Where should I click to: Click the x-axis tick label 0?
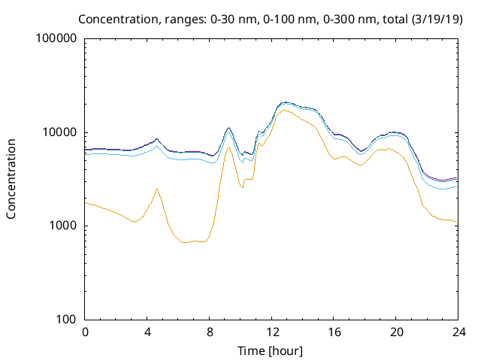tap(86, 332)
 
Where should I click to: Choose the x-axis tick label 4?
tap(147, 332)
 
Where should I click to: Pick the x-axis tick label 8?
tap(210, 332)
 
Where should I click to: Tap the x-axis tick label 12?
tap(271, 332)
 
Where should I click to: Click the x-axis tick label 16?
tap(334, 332)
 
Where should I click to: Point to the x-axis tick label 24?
tap(458, 332)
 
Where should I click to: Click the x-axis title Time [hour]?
tap(271, 350)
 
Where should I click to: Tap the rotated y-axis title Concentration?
tap(11, 179)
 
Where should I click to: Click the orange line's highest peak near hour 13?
tap(283, 110)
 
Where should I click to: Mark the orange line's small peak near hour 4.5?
tap(156, 189)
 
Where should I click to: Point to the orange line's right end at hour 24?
tap(457, 222)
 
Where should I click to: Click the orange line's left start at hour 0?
tap(86, 202)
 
